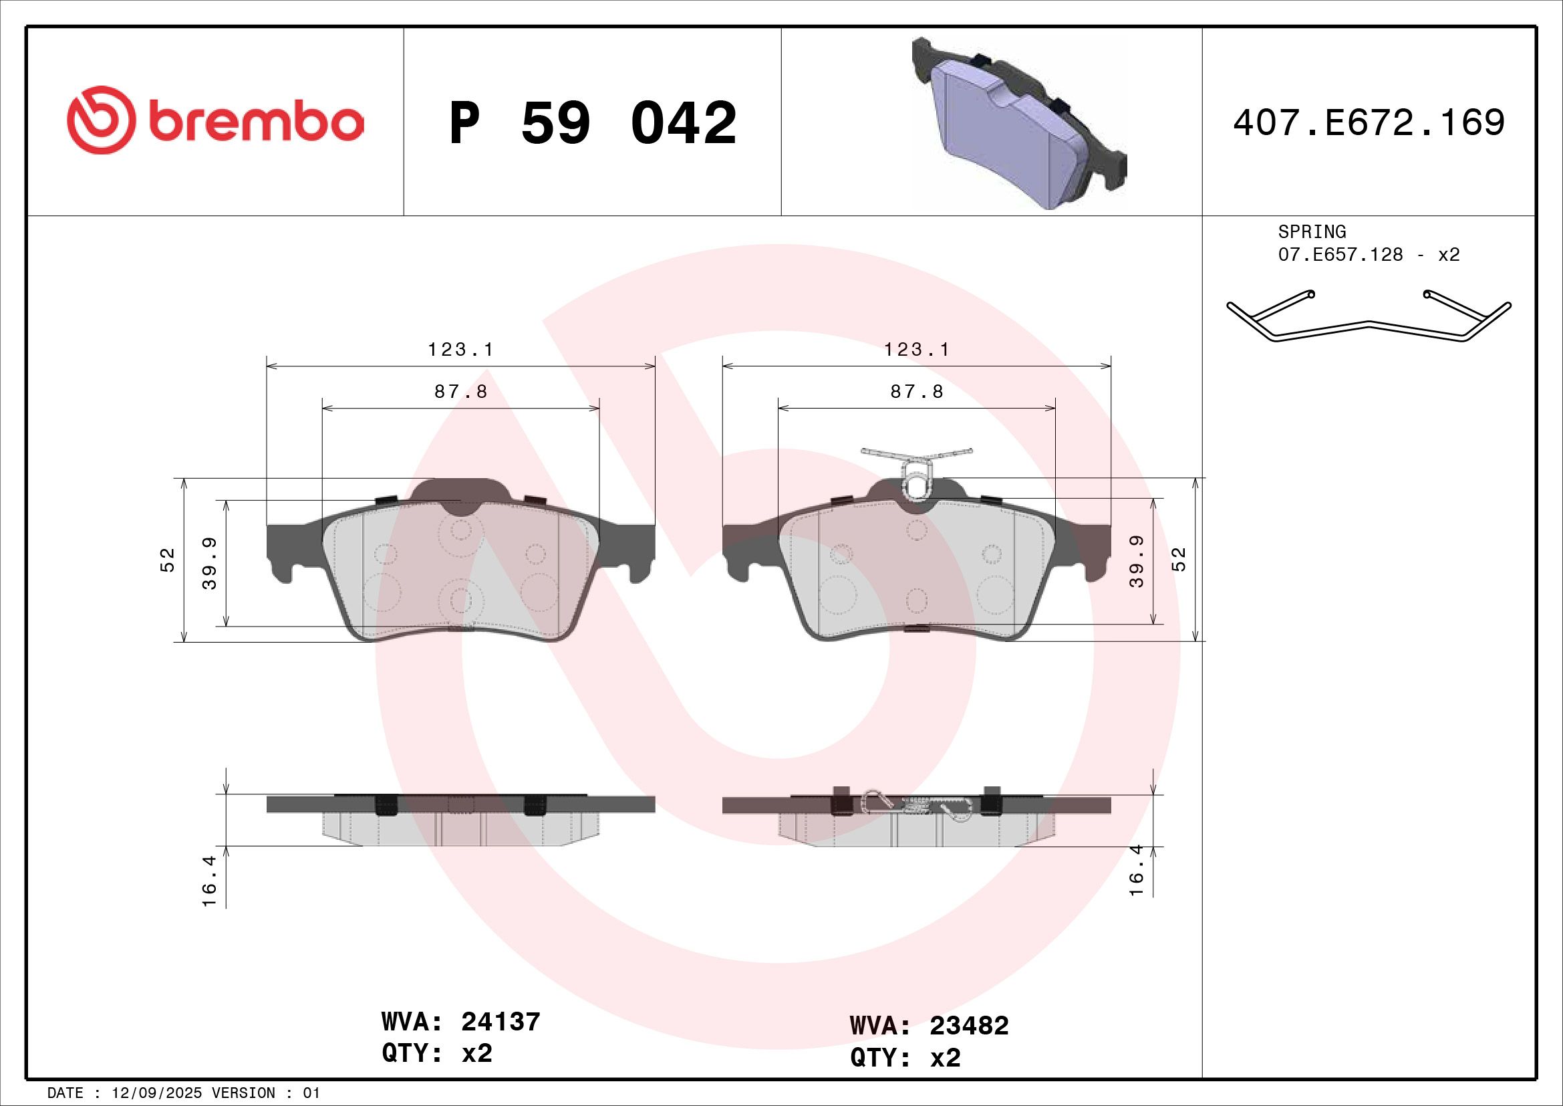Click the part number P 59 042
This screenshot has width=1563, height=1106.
(x=592, y=123)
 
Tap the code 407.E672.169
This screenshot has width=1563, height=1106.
(x=1369, y=122)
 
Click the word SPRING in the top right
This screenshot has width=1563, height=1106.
(x=1311, y=231)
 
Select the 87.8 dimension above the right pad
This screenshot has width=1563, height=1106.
(x=916, y=393)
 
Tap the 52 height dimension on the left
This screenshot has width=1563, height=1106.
(x=168, y=560)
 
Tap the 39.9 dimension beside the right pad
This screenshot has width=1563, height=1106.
(x=1135, y=561)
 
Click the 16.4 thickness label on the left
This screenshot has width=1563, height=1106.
(x=209, y=881)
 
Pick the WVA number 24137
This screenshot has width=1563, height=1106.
(x=501, y=1022)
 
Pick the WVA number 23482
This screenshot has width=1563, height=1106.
(x=969, y=1026)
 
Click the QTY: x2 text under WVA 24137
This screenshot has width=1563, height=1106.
(x=436, y=1054)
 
